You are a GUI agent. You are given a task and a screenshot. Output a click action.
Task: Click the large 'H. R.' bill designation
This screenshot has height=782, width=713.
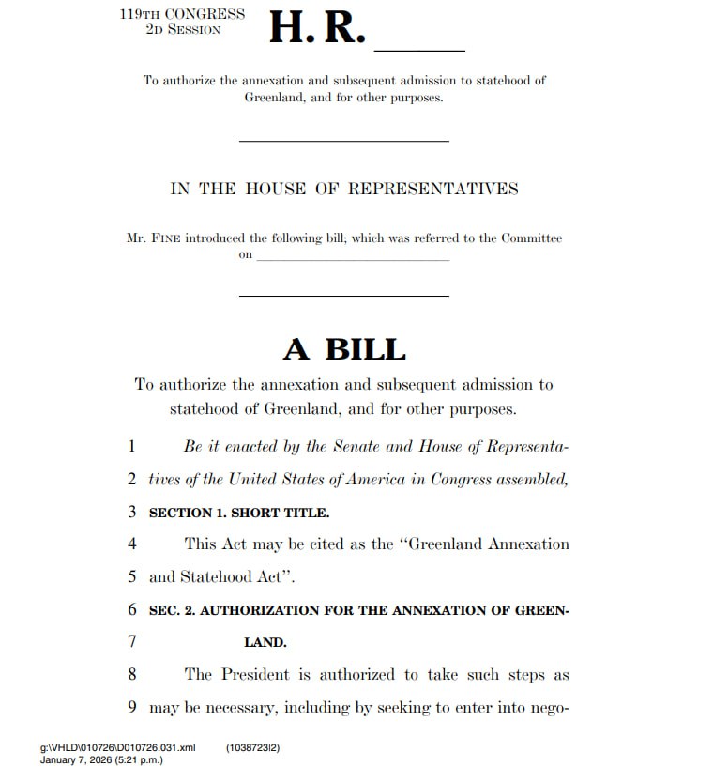[x=316, y=29]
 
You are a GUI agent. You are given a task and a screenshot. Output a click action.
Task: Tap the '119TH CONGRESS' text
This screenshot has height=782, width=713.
[x=182, y=14]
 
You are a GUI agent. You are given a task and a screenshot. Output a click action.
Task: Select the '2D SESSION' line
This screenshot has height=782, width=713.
[x=182, y=30]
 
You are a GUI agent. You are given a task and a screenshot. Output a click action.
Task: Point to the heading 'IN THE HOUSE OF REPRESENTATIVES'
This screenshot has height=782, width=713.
[x=343, y=189]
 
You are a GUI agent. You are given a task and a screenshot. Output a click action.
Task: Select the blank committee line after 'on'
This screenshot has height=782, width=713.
[x=353, y=257]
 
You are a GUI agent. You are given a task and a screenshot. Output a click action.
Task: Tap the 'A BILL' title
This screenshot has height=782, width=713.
[x=344, y=349]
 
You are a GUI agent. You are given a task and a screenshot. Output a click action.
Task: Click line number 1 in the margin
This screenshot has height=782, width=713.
[x=132, y=447]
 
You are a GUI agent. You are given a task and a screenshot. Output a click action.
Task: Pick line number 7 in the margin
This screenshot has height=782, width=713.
[x=132, y=642]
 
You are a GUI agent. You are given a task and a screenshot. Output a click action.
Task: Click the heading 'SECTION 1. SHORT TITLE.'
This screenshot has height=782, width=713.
[x=239, y=513]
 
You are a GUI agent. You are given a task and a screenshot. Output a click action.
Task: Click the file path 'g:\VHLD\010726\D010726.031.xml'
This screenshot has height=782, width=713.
[x=118, y=748]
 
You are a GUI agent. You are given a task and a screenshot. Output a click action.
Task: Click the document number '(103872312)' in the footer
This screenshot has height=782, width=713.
[x=253, y=748]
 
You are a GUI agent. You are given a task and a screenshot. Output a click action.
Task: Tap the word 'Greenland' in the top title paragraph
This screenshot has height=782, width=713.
[x=275, y=98]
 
